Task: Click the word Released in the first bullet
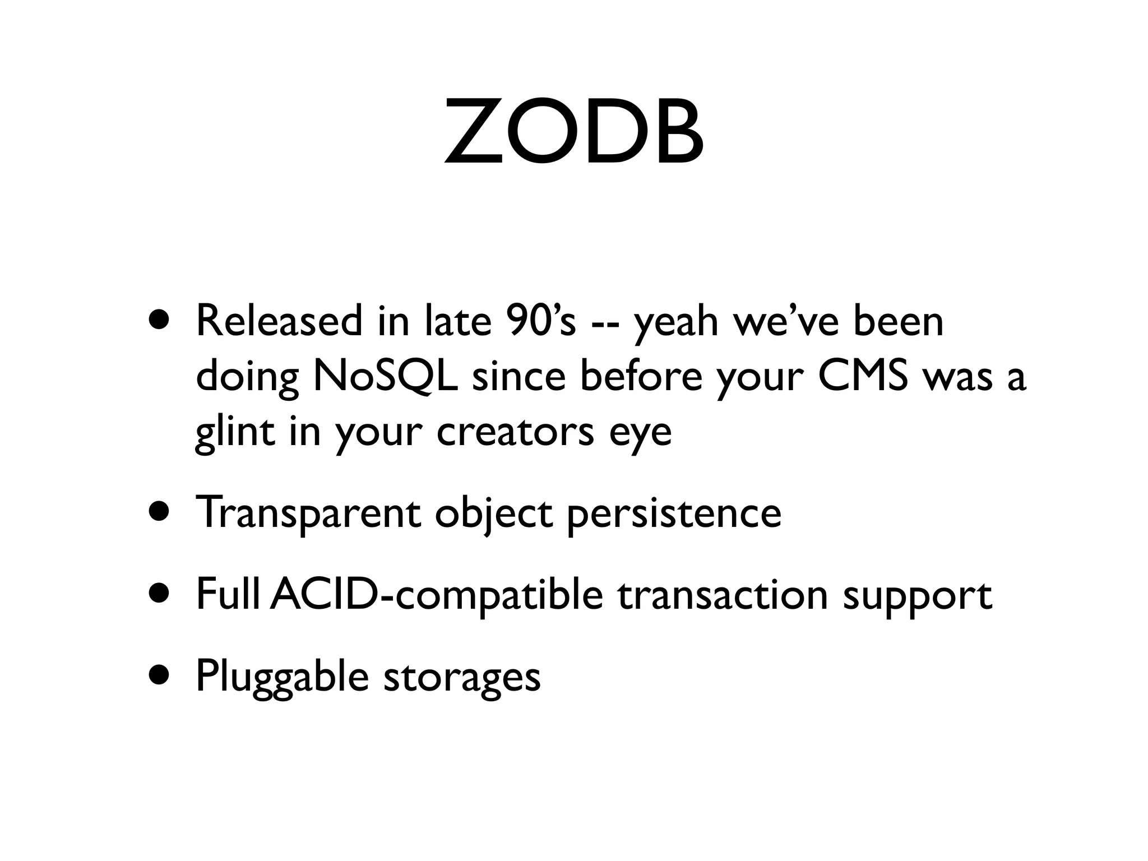pos(279,321)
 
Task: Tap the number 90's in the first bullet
pos(543,321)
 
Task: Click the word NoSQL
pos(385,377)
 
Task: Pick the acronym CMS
pos(863,376)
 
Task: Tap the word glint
pos(235,433)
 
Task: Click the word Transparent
pos(308,513)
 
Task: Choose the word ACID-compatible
pos(436,595)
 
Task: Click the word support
pos(918,598)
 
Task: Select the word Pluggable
pos(282,677)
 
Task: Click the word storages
pos(462,678)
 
